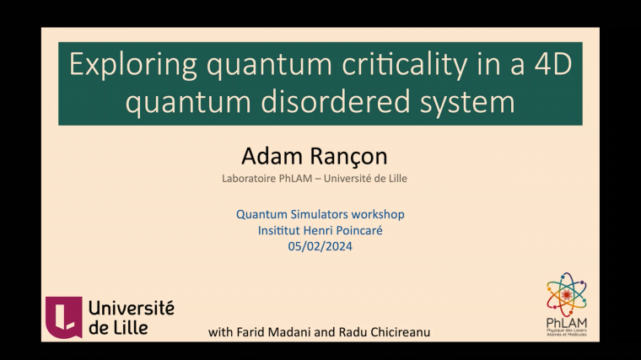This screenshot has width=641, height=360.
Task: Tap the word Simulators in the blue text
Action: point(315,214)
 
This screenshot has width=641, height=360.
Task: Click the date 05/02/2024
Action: point(320,246)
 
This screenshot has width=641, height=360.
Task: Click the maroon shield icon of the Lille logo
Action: point(63,317)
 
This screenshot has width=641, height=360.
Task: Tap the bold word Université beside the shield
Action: point(131,309)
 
